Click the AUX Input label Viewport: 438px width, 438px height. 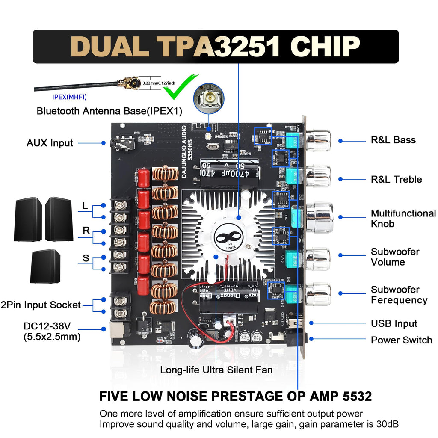tap(50, 143)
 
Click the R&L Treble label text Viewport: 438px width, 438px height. tap(396, 179)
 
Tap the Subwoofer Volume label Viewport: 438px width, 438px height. tap(395, 257)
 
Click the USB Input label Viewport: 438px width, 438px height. tap(394, 324)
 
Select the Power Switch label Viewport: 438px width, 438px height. tap(401, 340)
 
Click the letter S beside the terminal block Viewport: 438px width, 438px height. tap(86, 258)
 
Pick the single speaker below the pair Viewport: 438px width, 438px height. tap(45, 266)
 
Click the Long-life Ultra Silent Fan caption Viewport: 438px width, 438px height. tap(216, 370)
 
